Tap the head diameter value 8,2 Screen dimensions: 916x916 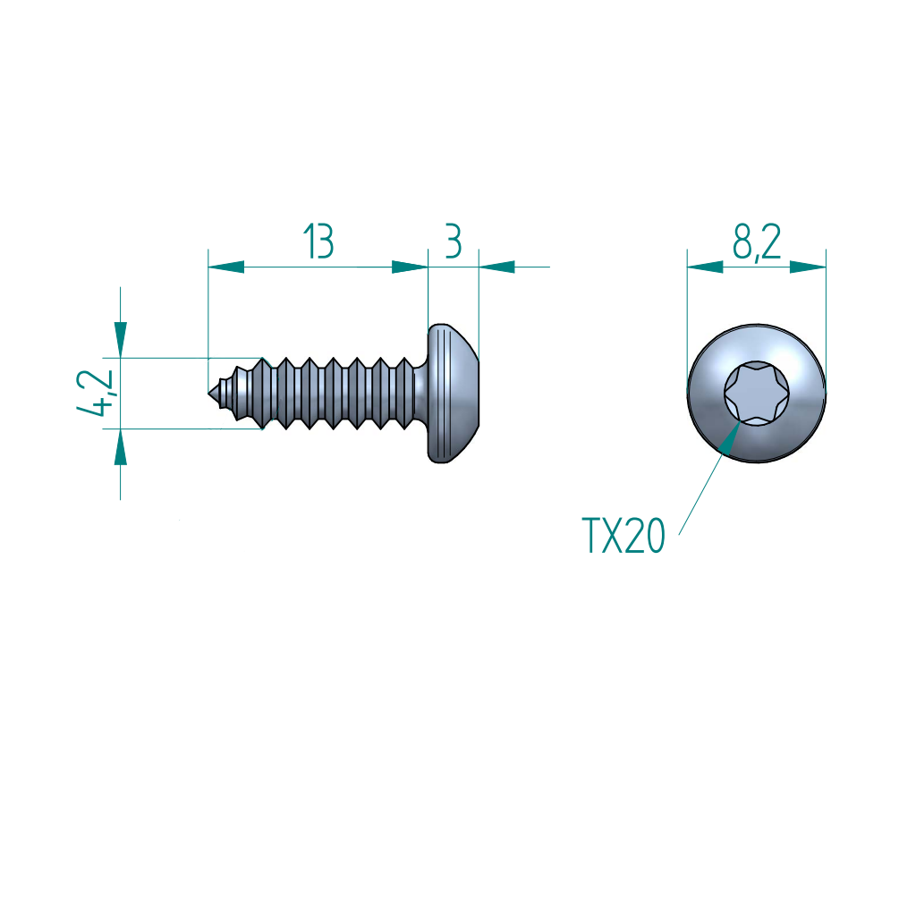(757, 242)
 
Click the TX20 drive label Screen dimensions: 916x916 (623, 536)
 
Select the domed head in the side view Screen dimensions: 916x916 (454, 394)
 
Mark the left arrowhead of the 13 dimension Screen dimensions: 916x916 (225, 267)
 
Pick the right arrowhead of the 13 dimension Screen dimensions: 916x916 (410, 267)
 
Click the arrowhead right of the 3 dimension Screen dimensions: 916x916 (497, 267)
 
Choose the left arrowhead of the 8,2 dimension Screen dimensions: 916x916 (705, 267)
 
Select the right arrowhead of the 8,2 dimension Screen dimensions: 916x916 (807, 267)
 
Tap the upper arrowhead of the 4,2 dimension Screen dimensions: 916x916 (120, 340)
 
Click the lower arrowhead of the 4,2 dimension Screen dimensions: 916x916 (120, 446)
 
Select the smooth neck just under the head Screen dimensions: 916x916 (420, 394)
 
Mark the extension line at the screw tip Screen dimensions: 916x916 (208, 313)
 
